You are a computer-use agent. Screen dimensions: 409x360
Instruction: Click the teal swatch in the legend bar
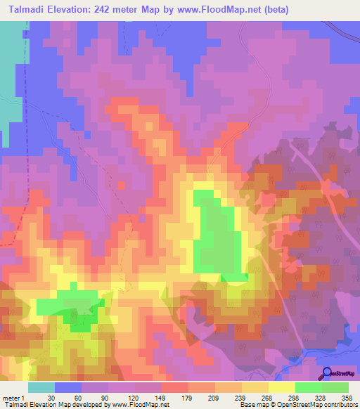pos(41,387)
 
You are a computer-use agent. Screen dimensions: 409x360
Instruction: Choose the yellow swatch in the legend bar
pos(282,387)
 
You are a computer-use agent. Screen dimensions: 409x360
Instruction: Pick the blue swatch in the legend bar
pos(68,387)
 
